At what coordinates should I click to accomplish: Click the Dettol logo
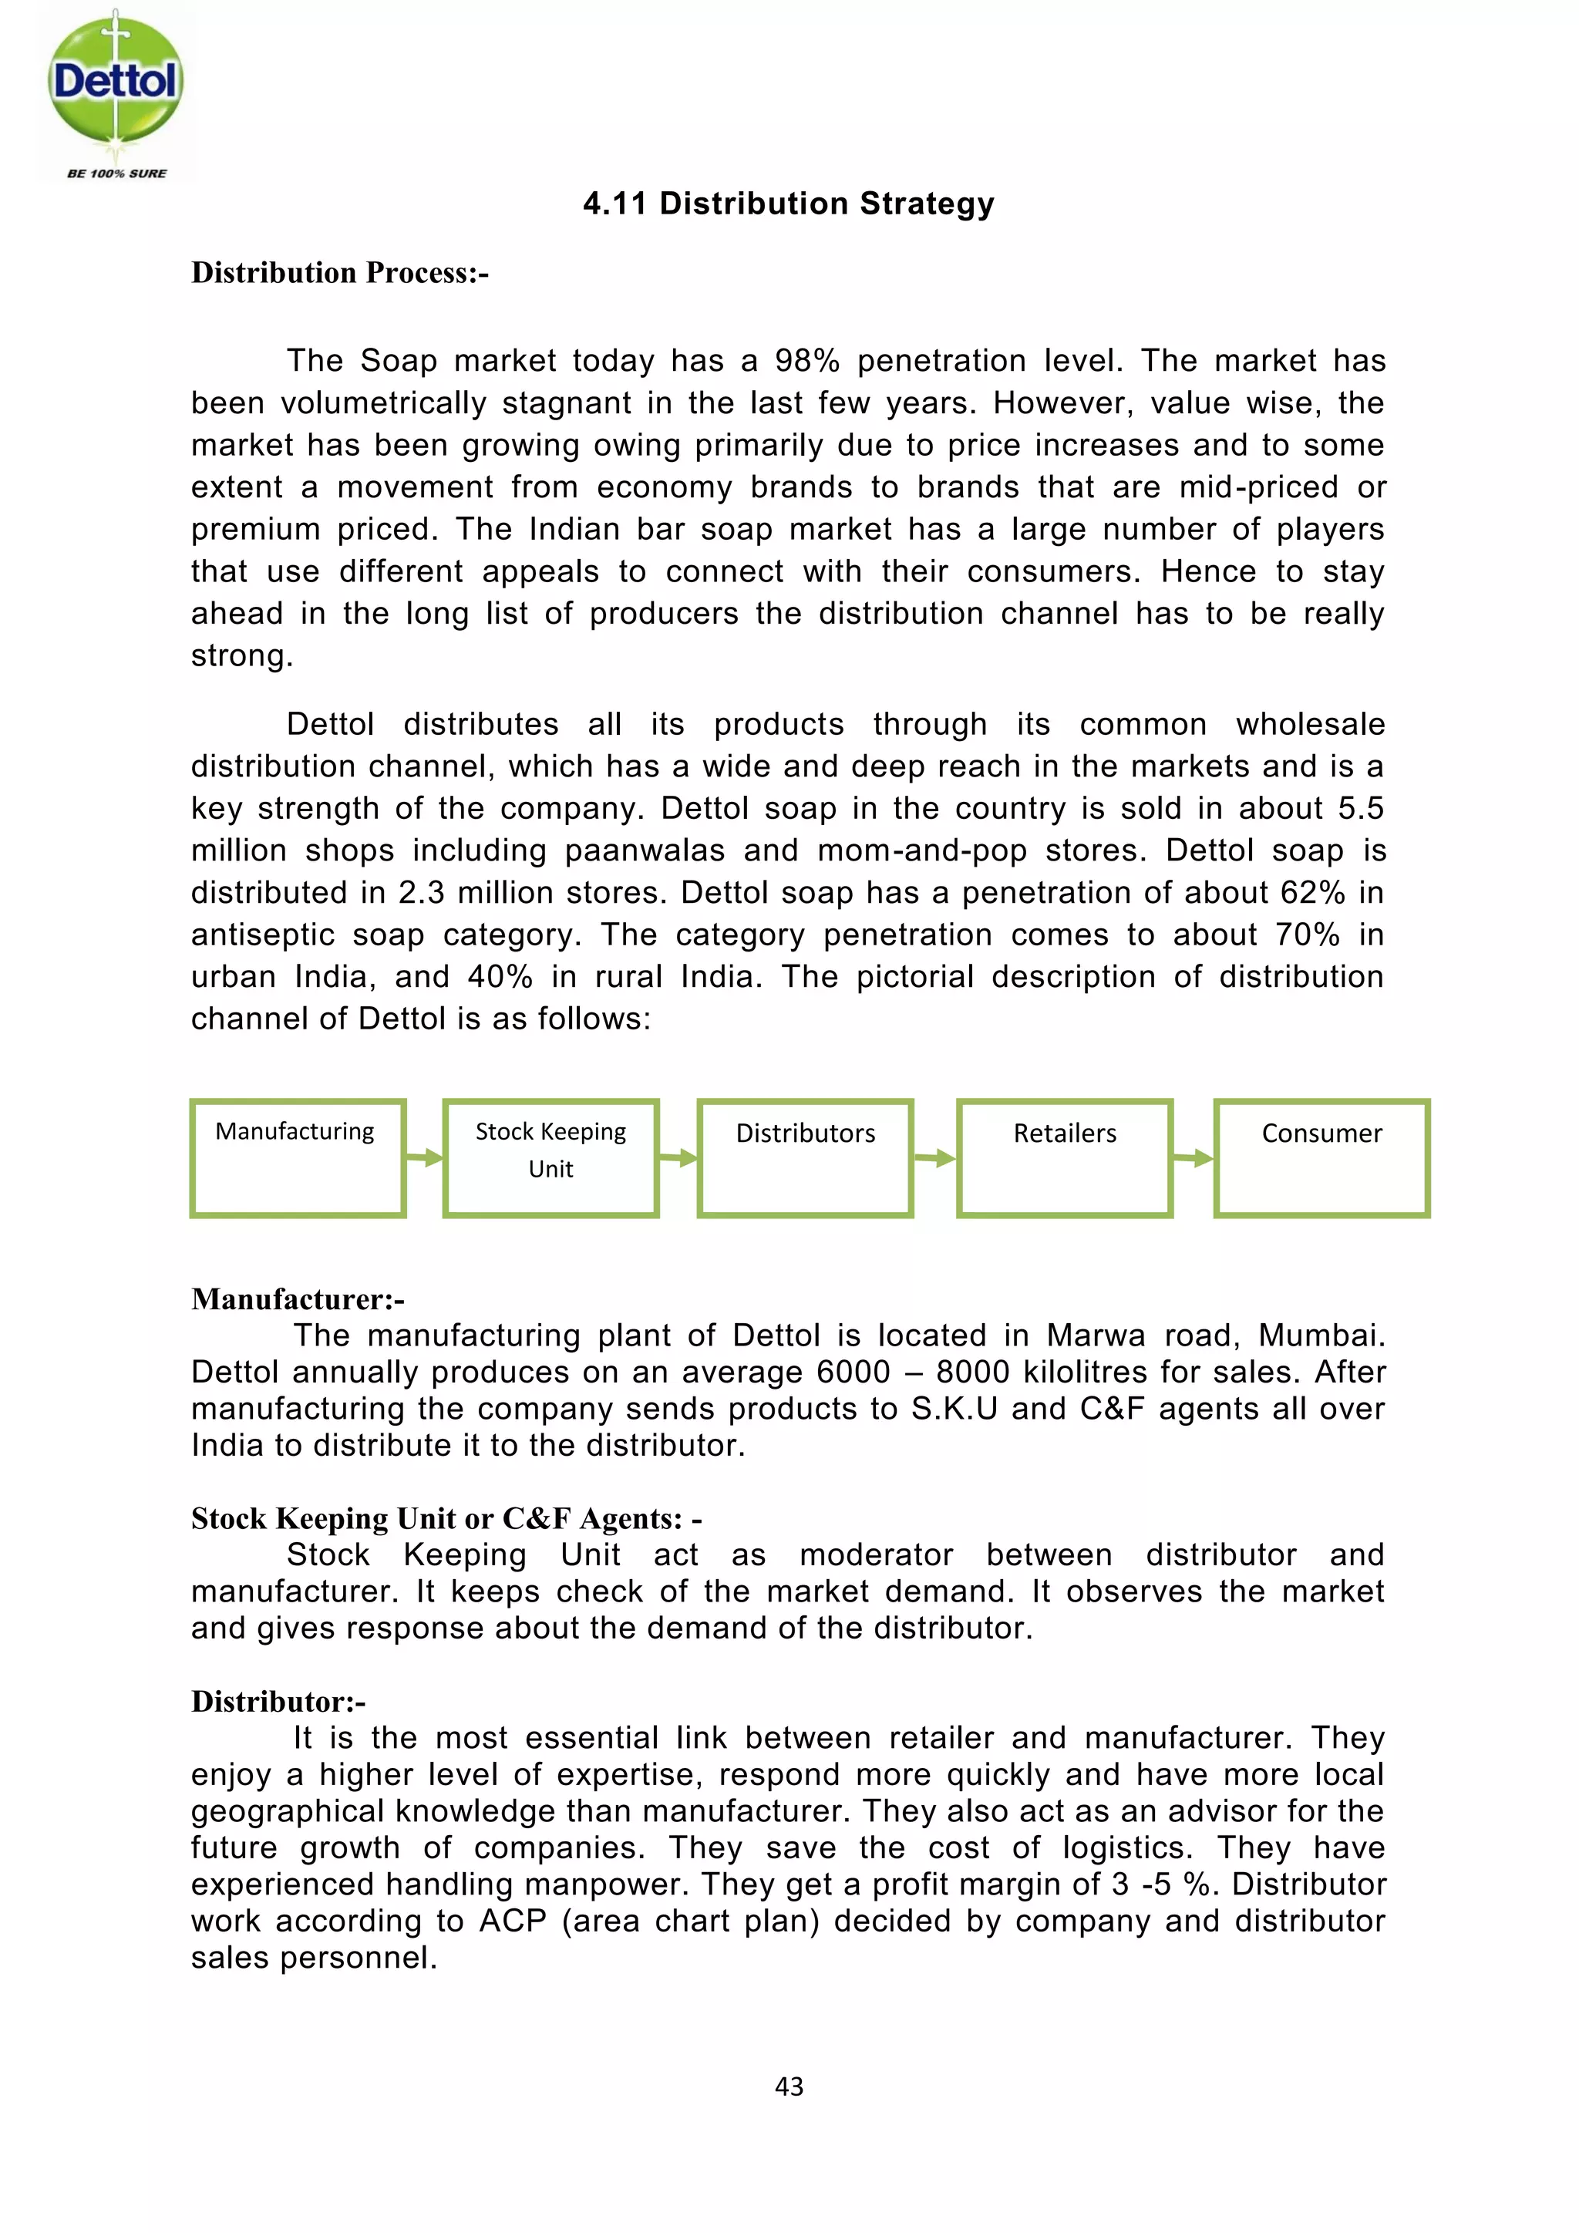click(115, 93)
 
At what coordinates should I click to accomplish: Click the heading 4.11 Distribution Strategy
click(789, 204)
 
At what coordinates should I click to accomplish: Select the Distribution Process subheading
click(339, 272)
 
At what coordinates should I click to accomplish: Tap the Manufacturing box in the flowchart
click(298, 1157)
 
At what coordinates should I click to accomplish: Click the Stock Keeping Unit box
click(550, 1157)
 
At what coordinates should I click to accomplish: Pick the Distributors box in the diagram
click(805, 1157)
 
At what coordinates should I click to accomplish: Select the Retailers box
click(1065, 1157)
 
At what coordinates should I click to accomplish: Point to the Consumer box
click(1321, 1157)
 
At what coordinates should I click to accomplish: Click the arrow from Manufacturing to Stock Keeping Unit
click(425, 1157)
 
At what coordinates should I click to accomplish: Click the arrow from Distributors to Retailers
click(935, 1157)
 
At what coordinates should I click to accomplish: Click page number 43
click(789, 2086)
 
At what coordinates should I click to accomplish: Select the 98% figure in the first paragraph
click(807, 361)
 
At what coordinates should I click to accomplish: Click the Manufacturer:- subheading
click(298, 1299)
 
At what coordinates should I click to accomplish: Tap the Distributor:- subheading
click(278, 1701)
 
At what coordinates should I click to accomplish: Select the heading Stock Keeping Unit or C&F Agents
click(446, 1518)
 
